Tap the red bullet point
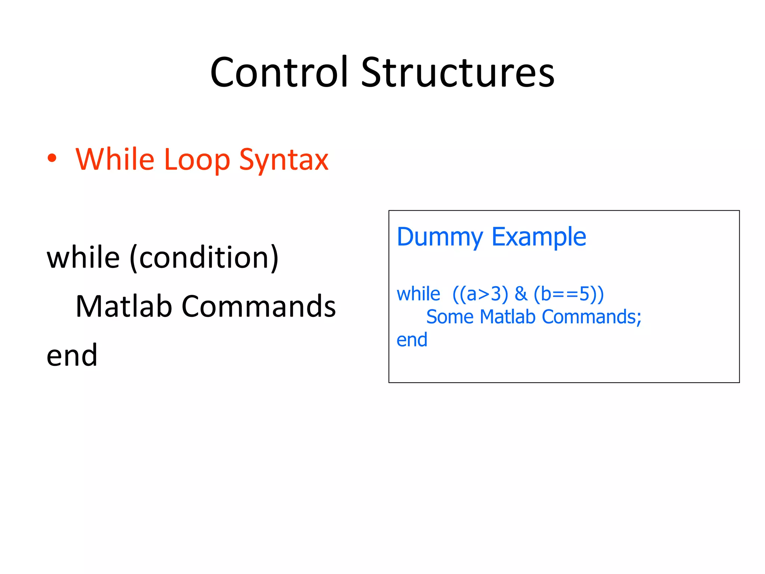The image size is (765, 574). click(x=52, y=158)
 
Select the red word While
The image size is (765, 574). click(x=115, y=160)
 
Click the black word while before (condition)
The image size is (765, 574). click(x=83, y=257)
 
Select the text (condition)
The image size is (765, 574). click(x=204, y=258)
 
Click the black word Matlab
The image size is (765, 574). click(x=124, y=306)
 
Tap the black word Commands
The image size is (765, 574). click(x=258, y=306)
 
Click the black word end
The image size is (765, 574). click(x=72, y=355)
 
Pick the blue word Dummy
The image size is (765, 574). click(x=440, y=238)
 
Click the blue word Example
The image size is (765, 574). click(x=539, y=238)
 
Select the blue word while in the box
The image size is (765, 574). click(x=418, y=294)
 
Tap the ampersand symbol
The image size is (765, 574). click(x=521, y=294)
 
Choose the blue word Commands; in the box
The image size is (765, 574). click(x=591, y=317)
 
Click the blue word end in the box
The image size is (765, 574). click(x=412, y=340)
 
